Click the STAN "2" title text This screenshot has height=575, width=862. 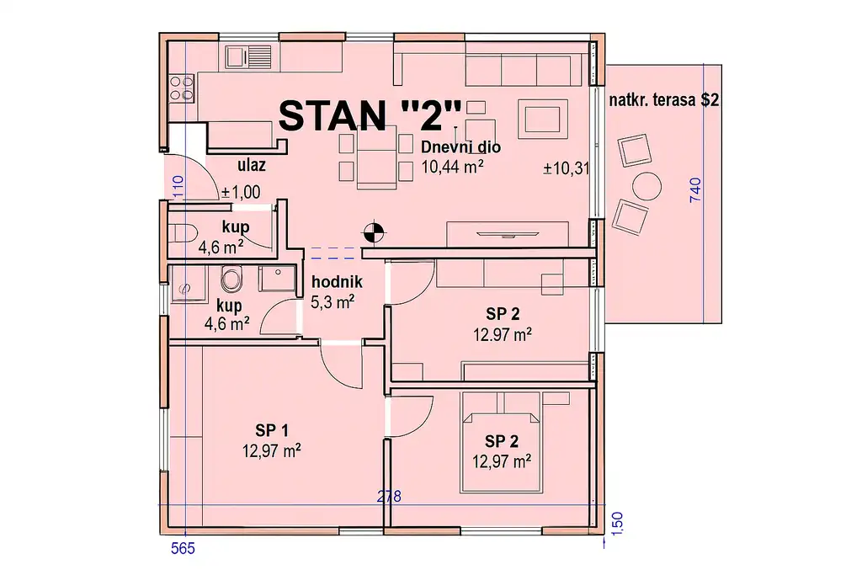pyautogui.click(x=370, y=116)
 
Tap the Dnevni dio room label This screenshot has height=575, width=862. pyautogui.click(x=460, y=147)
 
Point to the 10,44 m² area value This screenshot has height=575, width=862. pyautogui.click(x=452, y=167)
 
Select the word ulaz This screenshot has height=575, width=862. pyautogui.click(x=251, y=164)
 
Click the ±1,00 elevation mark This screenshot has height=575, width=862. pyautogui.click(x=240, y=192)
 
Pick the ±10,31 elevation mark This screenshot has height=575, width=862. pyautogui.click(x=567, y=168)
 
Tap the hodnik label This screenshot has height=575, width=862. pyautogui.click(x=337, y=282)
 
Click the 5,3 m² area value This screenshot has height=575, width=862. pyautogui.click(x=332, y=301)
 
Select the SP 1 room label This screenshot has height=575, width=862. pyautogui.click(x=272, y=430)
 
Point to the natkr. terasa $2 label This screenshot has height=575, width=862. pyautogui.click(x=663, y=100)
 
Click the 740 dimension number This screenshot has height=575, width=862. pyautogui.click(x=695, y=189)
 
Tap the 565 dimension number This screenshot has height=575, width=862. pyautogui.click(x=183, y=548)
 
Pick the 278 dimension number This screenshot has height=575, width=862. pyautogui.click(x=389, y=497)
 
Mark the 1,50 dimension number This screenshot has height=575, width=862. pyautogui.click(x=617, y=523)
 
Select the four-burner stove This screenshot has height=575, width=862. pyautogui.click(x=182, y=88)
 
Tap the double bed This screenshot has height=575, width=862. pyautogui.click(x=500, y=441)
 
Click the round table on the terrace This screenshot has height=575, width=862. pyautogui.click(x=646, y=186)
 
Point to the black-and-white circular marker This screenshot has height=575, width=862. pyautogui.click(x=375, y=232)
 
